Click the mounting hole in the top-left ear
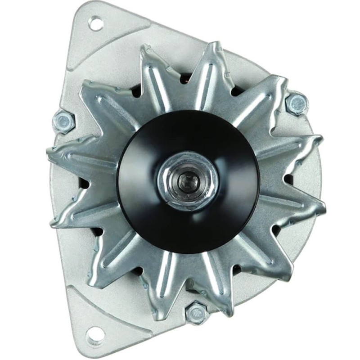click(95, 23)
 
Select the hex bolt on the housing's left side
click(63, 121)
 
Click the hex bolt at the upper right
click(297, 104)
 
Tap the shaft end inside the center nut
click(186, 181)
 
